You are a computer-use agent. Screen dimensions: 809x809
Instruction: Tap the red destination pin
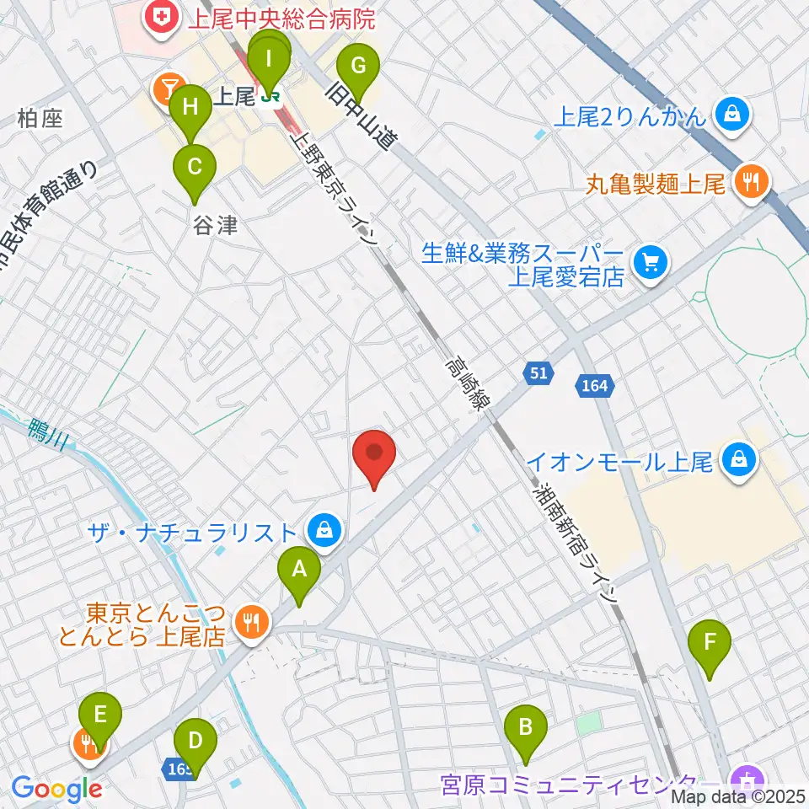tap(374, 456)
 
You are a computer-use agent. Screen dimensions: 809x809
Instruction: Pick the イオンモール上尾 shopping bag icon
tap(738, 460)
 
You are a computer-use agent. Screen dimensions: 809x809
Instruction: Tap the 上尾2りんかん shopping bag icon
tap(732, 114)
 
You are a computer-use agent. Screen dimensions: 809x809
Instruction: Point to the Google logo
tap(56, 789)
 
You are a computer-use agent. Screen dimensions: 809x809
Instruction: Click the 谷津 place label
tap(215, 225)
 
